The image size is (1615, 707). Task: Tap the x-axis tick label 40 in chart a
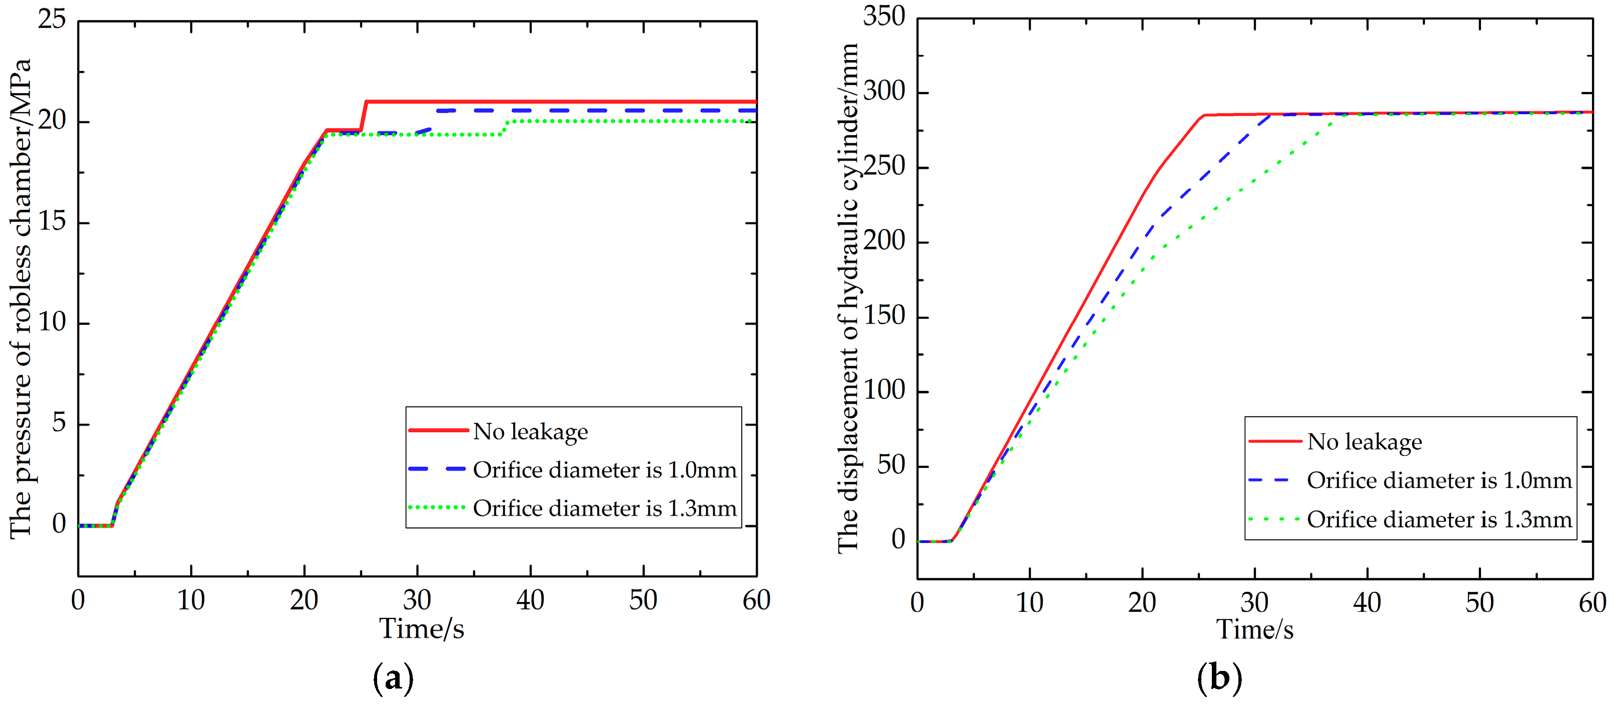tap(530, 600)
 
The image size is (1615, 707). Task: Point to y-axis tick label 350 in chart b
tap(883, 17)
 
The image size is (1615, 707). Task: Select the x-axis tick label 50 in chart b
tap(1479, 603)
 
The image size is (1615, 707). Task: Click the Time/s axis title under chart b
tap(1254, 629)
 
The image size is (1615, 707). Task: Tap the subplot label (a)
tap(393, 678)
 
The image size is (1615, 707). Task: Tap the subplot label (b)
tap(1219, 678)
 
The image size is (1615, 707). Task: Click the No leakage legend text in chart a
tap(530, 432)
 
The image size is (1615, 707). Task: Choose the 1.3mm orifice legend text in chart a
tap(604, 508)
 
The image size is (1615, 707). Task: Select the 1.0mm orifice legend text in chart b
tap(1439, 480)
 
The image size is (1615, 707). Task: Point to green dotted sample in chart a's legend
tap(437, 507)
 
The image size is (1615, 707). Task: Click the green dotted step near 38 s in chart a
tap(505, 128)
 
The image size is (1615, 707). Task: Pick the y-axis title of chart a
tap(20, 299)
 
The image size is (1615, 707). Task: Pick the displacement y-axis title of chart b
tap(848, 299)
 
